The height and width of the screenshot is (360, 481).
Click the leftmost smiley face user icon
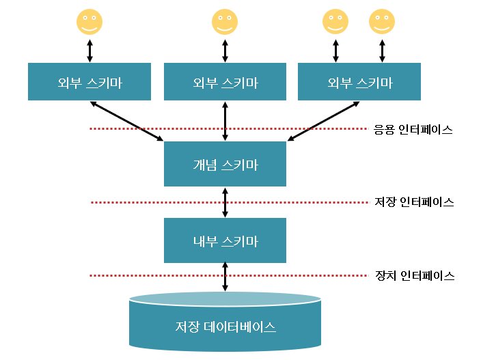tap(90, 22)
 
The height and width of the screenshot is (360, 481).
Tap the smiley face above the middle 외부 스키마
tap(225, 22)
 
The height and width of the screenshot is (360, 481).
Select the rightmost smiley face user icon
tap(382, 22)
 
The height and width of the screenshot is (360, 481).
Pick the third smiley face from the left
tap(335, 22)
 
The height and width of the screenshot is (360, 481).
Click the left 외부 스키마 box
tap(90, 82)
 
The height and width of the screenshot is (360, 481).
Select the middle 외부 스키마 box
tap(225, 82)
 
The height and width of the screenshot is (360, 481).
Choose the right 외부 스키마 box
tap(359, 82)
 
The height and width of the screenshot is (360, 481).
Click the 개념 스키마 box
tap(225, 164)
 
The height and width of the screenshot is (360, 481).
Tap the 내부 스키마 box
tap(225, 240)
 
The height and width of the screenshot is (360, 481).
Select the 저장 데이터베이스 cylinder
tap(225, 324)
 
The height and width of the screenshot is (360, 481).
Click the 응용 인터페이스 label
tap(413, 129)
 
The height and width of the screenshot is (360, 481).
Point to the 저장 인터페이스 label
tap(414, 202)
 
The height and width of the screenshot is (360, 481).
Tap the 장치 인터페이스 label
tap(414, 276)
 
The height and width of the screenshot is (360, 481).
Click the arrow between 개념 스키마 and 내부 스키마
tap(225, 202)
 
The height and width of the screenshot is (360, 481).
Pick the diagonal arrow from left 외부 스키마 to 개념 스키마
tap(127, 122)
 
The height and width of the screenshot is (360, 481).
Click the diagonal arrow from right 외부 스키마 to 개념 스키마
tap(323, 122)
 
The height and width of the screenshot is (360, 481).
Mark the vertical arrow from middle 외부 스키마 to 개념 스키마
tap(225, 121)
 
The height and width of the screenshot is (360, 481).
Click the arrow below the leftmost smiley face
tap(90, 49)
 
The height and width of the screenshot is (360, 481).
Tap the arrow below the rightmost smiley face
tap(382, 49)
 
